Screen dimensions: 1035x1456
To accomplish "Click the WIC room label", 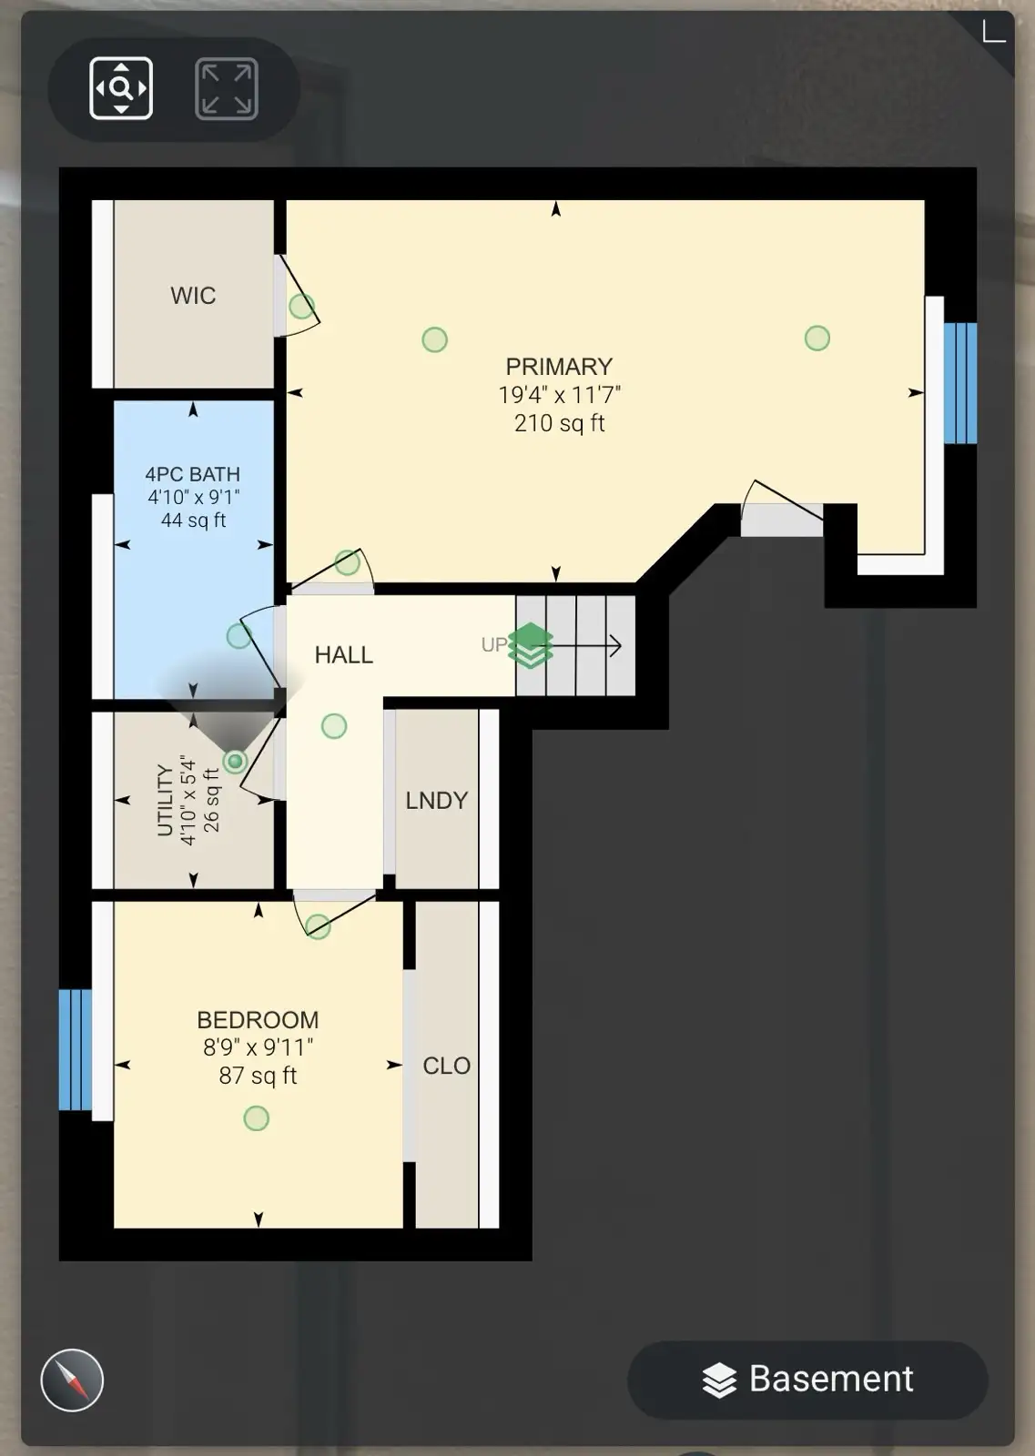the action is tap(193, 296).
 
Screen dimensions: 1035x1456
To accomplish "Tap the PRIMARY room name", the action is tap(559, 367).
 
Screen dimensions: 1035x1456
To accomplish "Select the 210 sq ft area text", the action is tap(559, 423).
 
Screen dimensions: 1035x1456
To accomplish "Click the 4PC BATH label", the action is tap(192, 474).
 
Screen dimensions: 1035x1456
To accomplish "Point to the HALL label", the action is tap(344, 654).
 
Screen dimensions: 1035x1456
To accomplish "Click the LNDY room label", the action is tap(437, 800).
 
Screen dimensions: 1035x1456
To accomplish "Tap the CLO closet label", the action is tap(447, 1066).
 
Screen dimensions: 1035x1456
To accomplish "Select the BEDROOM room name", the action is tap(259, 1020).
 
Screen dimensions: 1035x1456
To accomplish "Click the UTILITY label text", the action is tap(165, 800).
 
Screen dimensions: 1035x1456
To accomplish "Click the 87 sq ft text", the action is tap(259, 1076).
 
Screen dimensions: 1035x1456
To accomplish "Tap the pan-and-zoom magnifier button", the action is tap(121, 88).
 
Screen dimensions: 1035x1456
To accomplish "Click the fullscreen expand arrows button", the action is tap(227, 88).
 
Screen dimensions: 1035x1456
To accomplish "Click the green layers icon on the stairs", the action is tap(531, 645).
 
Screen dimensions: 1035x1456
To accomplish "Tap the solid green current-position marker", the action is tap(236, 761).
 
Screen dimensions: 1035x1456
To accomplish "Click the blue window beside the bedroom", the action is tap(76, 1050).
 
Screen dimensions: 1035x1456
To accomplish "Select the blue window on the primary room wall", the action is tap(960, 383).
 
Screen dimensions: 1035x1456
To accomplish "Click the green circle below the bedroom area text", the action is tap(256, 1118).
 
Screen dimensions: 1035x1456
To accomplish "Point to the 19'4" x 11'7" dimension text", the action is tap(559, 395).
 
